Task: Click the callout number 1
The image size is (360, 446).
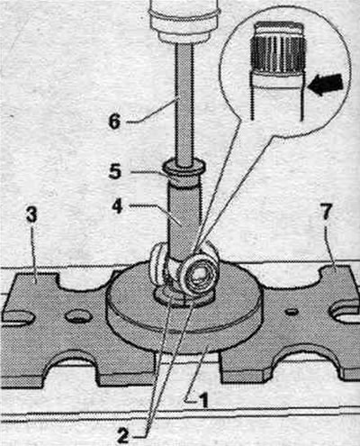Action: (203, 400)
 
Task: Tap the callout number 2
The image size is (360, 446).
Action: (122, 436)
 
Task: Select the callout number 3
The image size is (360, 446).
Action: (31, 215)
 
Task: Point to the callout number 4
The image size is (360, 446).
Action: (117, 206)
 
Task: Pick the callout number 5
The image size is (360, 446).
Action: (115, 171)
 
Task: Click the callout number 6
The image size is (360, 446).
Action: (114, 121)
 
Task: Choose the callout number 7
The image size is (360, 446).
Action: (326, 213)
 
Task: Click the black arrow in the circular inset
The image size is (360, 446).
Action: (326, 85)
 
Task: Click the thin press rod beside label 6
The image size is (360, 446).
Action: (184, 102)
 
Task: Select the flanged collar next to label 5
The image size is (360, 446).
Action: (184, 168)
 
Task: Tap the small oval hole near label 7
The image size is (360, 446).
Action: (292, 311)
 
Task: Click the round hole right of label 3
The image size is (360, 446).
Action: (79, 316)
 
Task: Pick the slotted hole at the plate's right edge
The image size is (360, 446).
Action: (344, 313)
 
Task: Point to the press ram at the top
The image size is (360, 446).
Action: (184, 21)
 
